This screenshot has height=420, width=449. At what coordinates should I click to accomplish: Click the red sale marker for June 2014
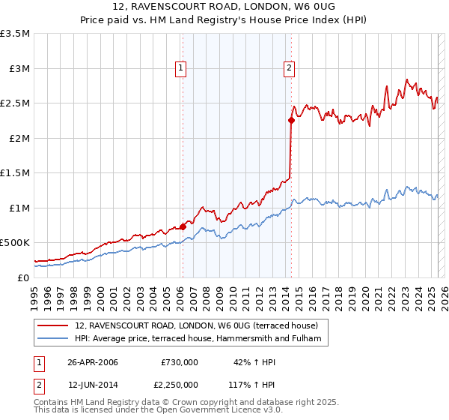coord(291,120)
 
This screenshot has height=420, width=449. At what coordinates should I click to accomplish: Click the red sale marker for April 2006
coord(183,226)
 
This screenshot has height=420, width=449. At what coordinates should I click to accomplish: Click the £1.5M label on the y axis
coord(16,172)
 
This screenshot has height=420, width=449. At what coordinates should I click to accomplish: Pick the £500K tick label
coord(16,242)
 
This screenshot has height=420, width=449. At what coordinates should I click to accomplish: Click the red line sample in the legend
coord(54,325)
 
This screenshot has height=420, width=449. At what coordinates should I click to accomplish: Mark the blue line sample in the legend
coord(54,339)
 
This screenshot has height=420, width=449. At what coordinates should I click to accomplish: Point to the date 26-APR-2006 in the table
coord(93,361)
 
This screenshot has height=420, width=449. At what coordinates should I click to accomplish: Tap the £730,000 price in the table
coord(180,361)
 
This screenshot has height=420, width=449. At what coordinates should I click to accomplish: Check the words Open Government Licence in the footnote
coord(224,411)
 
